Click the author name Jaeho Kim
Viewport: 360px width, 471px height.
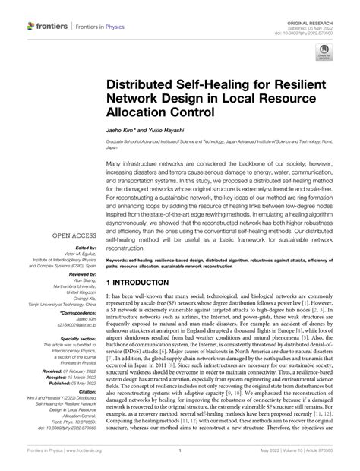point(118,131)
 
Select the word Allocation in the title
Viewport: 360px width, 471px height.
point(142,112)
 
